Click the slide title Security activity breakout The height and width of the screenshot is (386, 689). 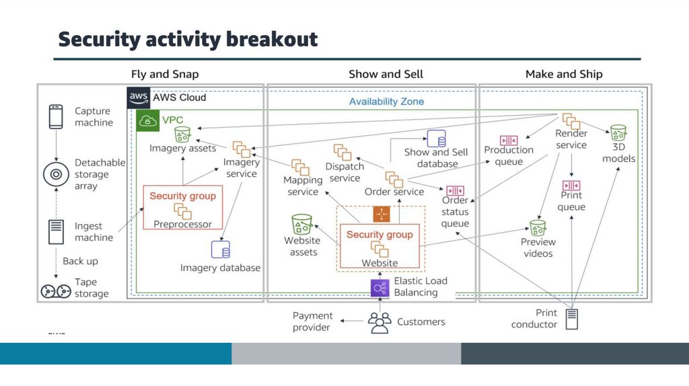[188, 39]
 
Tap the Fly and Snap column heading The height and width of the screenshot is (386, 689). [165, 74]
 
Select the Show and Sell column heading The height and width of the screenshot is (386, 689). [386, 74]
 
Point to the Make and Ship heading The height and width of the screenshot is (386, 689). [564, 74]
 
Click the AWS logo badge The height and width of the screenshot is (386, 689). [139, 98]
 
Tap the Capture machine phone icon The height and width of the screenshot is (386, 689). [56, 116]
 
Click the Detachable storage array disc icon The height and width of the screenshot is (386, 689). [56, 174]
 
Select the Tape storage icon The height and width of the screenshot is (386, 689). [56, 291]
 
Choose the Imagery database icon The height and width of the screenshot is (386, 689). [221, 250]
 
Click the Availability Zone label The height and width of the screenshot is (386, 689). [386, 102]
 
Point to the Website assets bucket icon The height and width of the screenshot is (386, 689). [301, 225]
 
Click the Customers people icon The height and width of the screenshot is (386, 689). [380, 323]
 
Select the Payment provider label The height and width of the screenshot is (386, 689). [312, 321]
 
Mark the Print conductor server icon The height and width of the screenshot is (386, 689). [572, 319]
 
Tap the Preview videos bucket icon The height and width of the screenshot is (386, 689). [538, 227]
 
